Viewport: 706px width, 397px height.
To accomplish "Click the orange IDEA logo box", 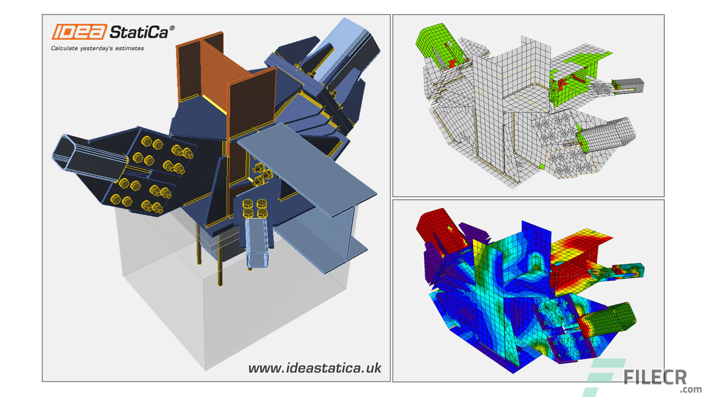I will coord(79,31).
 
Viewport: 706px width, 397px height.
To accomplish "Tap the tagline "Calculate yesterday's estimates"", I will coord(98,49).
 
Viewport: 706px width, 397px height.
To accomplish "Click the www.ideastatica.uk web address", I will coord(314,368).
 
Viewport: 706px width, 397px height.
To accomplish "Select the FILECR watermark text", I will coord(655,377).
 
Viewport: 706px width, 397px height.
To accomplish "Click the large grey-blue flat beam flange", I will coord(309,165).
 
